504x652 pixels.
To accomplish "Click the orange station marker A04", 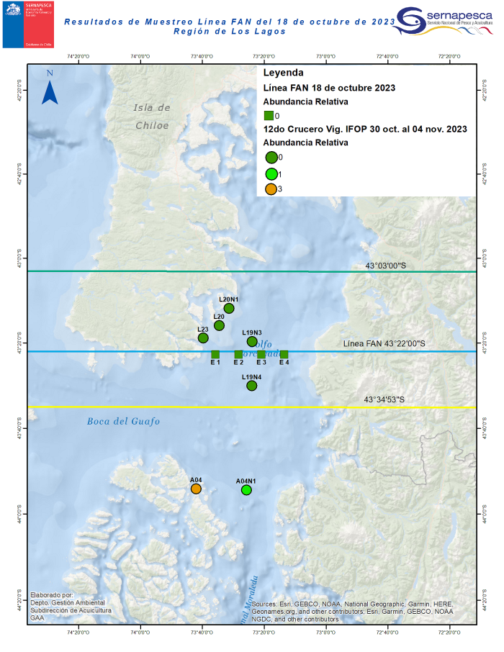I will point(196,489).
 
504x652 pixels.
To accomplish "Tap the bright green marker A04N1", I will point(246,490).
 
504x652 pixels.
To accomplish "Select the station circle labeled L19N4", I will point(252,386).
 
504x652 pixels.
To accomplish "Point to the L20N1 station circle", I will point(229,309).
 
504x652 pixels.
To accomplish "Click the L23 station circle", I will point(203,338).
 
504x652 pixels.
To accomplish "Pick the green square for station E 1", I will point(215,354).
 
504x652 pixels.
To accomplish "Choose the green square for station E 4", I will point(284,354).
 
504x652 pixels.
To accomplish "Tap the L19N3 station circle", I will point(252,341).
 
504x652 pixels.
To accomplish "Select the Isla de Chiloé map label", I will point(152,116).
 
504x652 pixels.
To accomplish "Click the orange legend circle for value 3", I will point(271,189).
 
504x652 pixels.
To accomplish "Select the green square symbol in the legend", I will point(268,115).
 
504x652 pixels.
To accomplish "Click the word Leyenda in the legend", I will point(283,73).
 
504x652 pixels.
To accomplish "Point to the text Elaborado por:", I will point(52,595).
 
